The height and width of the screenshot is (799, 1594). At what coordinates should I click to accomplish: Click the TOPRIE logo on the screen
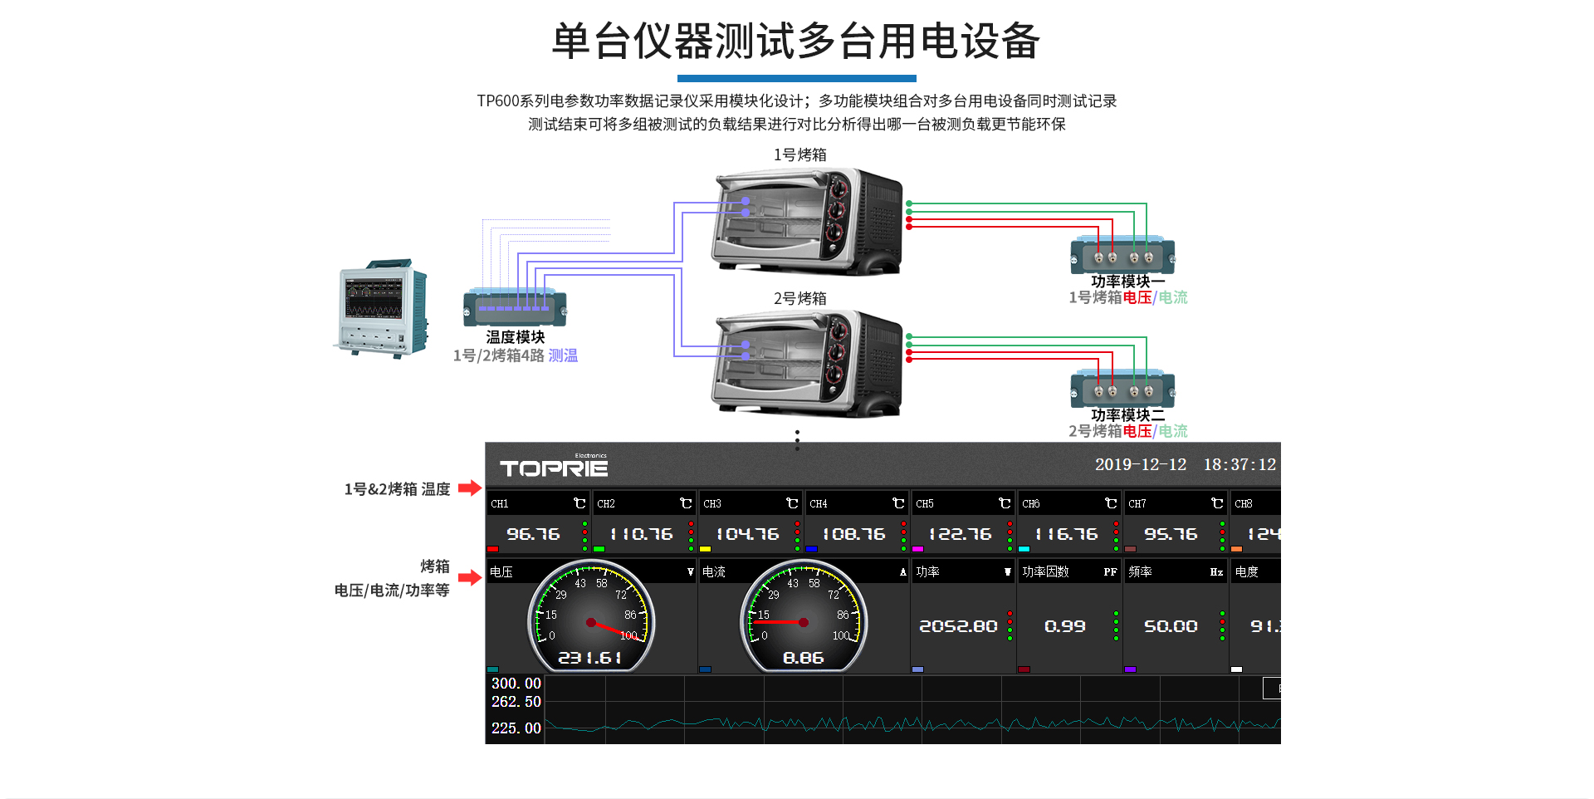click(x=554, y=468)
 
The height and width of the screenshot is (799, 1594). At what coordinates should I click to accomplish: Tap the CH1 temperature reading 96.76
click(x=533, y=534)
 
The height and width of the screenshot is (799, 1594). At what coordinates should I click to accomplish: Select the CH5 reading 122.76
click(x=959, y=534)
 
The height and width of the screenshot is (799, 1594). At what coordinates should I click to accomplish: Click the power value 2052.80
click(x=958, y=626)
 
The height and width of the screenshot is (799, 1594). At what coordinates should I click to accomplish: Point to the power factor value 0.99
click(x=1064, y=626)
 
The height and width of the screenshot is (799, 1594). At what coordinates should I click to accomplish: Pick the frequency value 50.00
click(x=1171, y=626)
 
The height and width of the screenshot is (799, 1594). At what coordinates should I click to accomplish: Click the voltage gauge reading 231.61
click(x=589, y=658)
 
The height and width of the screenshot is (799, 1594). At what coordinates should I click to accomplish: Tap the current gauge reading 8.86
click(x=803, y=658)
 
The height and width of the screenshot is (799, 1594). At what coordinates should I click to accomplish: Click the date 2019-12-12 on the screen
click(x=1140, y=464)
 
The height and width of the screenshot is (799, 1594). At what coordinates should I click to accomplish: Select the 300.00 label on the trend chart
click(x=516, y=684)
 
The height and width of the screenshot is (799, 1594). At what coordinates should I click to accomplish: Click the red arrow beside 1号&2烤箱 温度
click(x=470, y=488)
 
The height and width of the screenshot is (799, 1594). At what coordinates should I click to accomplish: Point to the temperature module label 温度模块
click(x=515, y=337)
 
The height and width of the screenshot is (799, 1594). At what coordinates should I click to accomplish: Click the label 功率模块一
click(x=1127, y=282)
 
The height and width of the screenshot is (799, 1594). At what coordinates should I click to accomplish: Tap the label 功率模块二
click(x=1127, y=414)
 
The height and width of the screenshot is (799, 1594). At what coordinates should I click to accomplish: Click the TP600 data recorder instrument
click(x=380, y=307)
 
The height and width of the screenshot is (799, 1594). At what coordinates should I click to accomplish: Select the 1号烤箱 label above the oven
click(x=799, y=154)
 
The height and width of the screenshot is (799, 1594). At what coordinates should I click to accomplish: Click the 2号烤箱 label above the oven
click(x=799, y=298)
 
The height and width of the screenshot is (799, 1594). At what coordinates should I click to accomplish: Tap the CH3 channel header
click(x=712, y=503)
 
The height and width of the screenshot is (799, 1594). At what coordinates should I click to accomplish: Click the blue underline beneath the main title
click(x=796, y=78)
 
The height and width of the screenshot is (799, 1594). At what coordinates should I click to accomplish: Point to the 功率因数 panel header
click(x=1045, y=571)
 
